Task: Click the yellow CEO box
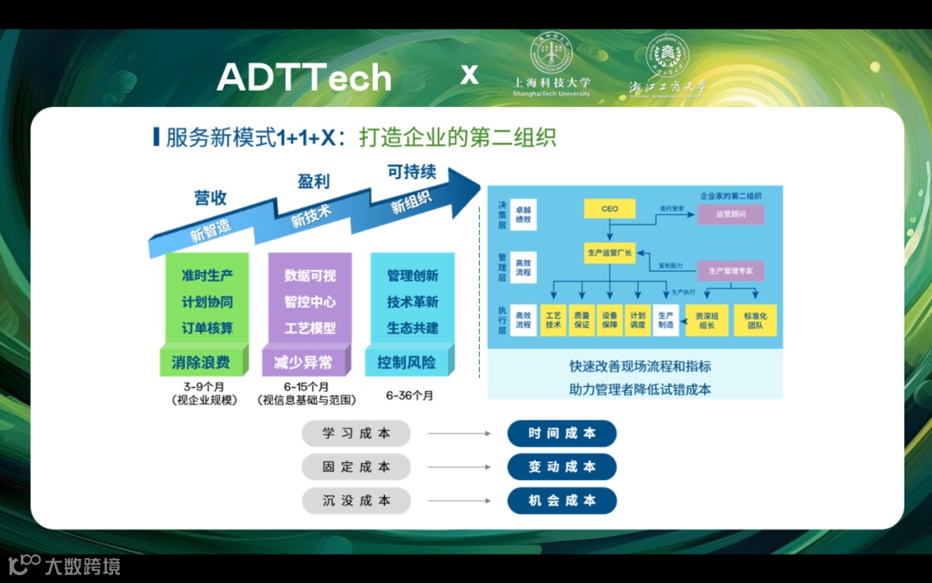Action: [609, 209]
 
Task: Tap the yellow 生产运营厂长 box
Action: [609, 253]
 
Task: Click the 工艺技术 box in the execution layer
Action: [553, 320]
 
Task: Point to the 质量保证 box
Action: [582, 320]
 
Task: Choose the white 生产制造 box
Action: [665, 320]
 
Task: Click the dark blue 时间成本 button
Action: [562, 434]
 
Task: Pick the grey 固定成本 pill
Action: [356, 467]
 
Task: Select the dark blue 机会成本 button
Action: [562, 501]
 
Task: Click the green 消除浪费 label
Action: [200, 362]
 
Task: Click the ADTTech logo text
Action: [305, 78]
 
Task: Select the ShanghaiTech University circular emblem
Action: [551, 54]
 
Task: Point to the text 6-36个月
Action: [410, 396]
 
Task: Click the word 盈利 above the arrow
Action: [313, 182]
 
